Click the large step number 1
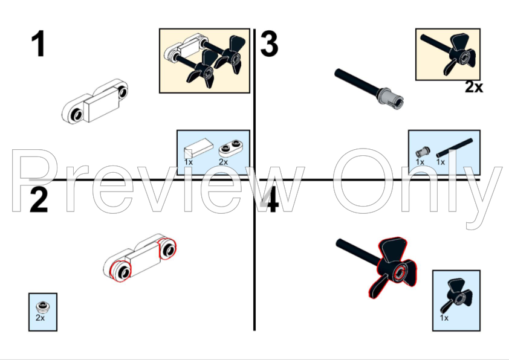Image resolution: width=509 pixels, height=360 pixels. pyautogui.click(x=38, y=43)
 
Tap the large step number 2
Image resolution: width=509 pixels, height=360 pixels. pyautogui.click(x=39, y=199)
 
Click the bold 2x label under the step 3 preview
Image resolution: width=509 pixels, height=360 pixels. pyautogui.click(x=474, y=87)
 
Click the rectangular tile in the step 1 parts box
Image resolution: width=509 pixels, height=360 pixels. pyautogui.click(x=198, y=148)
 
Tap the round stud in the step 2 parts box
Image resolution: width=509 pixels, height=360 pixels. pyautogui.click(x=42, y=306)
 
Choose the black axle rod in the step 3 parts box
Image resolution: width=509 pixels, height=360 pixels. pyautogui.click(x=455, y=148)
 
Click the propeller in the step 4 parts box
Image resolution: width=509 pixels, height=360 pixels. pyautogui.click(x=456, y=296)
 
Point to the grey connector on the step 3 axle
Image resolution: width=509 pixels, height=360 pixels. pyautogui.click(x=392, y=98)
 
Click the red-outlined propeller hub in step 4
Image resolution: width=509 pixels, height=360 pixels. pyautogui.click(x=399, y=272)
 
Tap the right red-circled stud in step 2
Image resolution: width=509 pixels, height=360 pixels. pyautogui.click(x=167, y=249)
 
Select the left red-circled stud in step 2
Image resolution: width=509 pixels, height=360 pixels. pyautogui.click(x=120, y=271)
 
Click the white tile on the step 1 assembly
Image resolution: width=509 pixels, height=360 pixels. pyautogui.click(x=102, y=104)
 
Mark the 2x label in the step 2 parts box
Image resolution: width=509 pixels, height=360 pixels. pyautogui.click(x=40, y=318)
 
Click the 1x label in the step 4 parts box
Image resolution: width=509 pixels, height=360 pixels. pyautogui.click(x=444, y=318)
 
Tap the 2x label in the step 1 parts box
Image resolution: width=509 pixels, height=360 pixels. pyautogui.click(x=223, y=162)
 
